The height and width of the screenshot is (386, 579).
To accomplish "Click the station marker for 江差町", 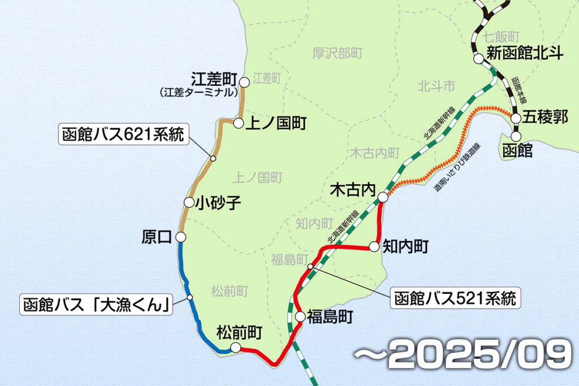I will [x=244, y=83].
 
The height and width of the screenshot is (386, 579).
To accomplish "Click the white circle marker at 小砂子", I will [x=189, y=202].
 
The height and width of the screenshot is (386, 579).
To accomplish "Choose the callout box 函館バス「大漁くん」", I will [x=97, y=305].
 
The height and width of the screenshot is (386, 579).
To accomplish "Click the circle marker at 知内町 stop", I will [x=373, y=246].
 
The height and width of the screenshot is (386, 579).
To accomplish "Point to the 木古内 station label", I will [x=352, y=192].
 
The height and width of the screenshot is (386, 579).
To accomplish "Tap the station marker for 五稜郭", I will [x=516, y=117].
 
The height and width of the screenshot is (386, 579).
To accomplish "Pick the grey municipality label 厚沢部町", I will [x=338, y=54].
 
